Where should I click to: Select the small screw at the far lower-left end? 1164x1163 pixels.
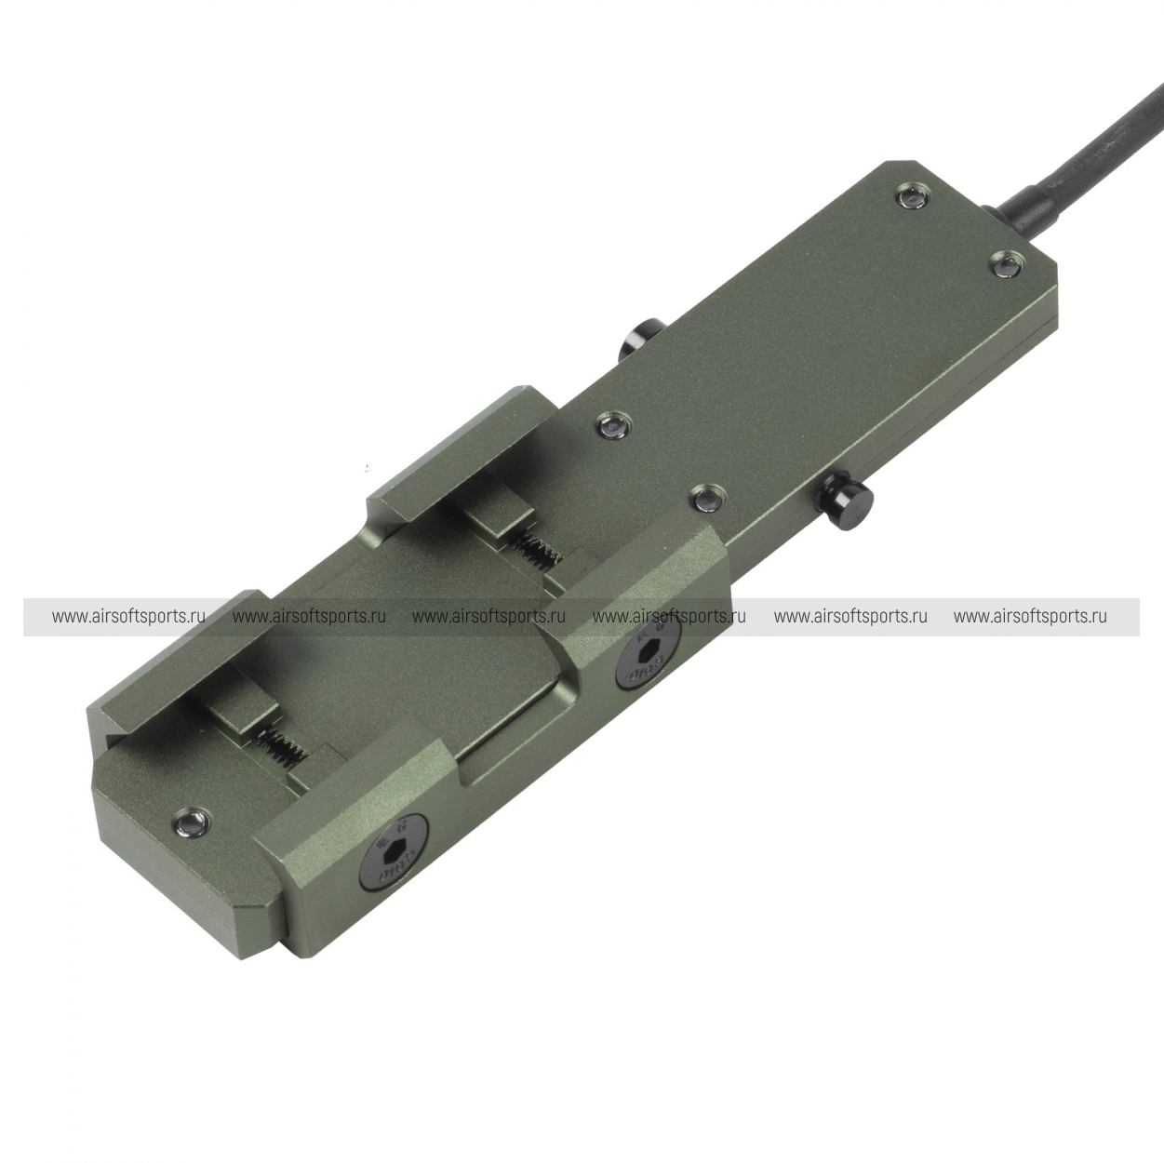[x=192, y=821]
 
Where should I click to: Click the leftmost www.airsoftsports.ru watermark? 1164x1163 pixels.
[x=128, y=617]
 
